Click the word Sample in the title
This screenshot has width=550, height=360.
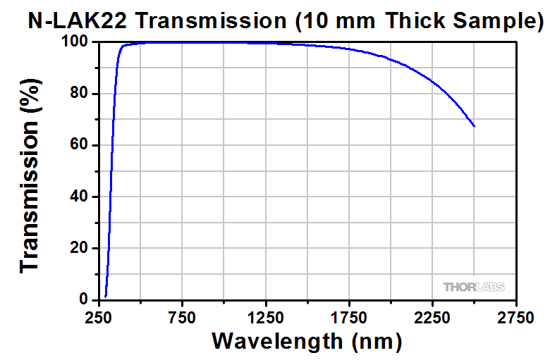tap(487, 20)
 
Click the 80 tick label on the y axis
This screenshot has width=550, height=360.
tap(80, 94)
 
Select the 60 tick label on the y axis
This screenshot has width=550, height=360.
tap(80, 146)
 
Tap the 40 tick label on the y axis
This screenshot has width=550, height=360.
tap(80, 197)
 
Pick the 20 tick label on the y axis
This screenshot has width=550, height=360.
tap(80, 249)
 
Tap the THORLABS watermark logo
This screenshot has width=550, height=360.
tap(474, 287)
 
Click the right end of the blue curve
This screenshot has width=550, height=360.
tap(474, 126)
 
